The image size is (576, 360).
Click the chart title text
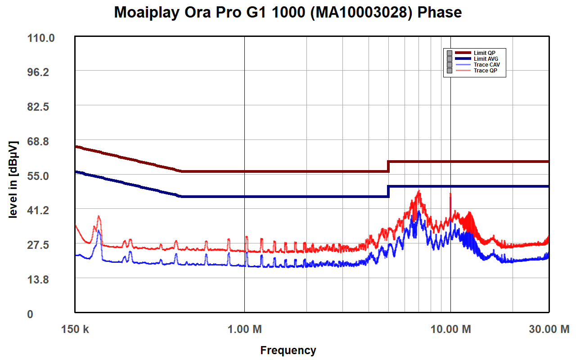288,13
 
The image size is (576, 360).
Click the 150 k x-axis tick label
75,329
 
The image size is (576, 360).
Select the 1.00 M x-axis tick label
244,329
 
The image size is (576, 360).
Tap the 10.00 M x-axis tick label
450,329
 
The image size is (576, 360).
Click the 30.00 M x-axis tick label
549,329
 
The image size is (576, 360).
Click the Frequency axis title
288,350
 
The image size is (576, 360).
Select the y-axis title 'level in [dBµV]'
13,180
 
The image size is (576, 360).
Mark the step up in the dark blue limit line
388,191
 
